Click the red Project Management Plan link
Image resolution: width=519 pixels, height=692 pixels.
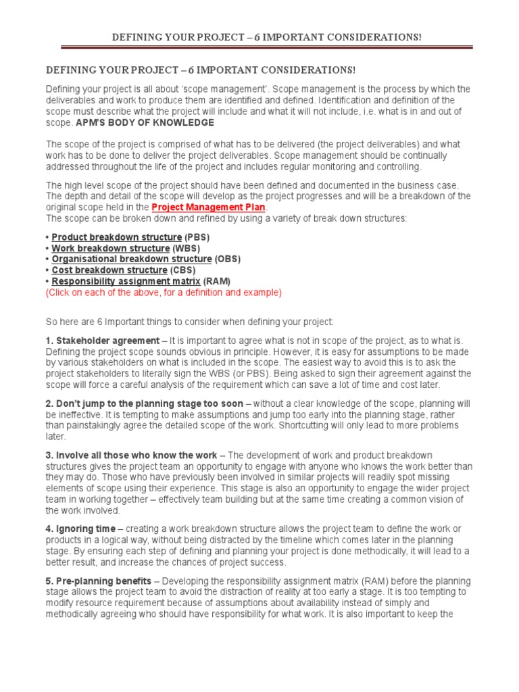tap(209, 207)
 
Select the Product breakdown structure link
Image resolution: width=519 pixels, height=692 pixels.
tap(116, 237)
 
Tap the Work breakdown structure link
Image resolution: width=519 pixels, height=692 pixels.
tap(111, 248)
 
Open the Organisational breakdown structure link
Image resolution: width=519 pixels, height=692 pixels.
tap(131, 259)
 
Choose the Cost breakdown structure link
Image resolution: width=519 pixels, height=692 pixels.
tap(109, 270)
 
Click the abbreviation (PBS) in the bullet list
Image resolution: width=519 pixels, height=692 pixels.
tap(197, 237)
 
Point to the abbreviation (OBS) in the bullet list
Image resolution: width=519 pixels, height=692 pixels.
tap(227, 259)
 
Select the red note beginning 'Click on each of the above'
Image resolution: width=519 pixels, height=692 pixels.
tap(164, 293)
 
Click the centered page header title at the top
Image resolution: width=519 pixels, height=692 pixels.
tap(266, 36)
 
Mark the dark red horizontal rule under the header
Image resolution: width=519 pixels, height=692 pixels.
tap(266, 47)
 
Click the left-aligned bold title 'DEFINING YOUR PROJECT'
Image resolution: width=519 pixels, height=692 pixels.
tap(200, 70)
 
